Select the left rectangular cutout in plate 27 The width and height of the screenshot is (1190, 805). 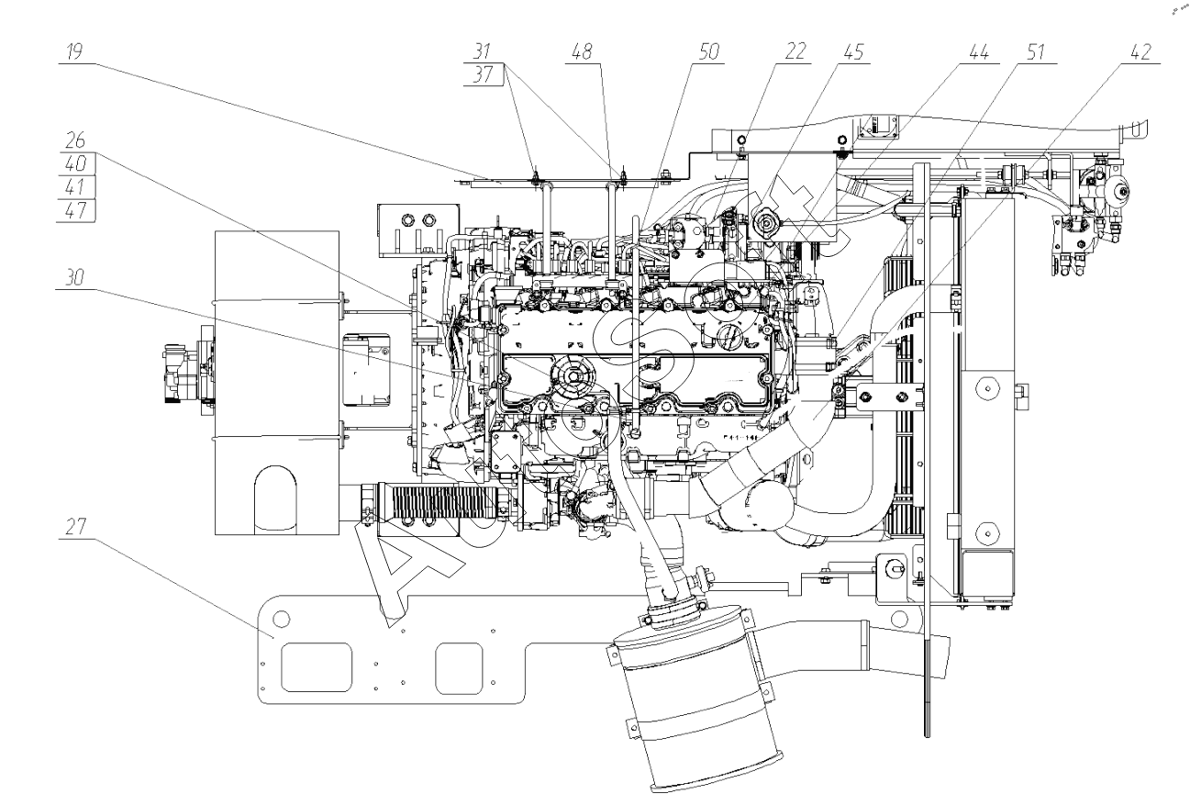click(316, 666)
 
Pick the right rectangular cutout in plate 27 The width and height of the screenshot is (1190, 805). click(460, 666)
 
